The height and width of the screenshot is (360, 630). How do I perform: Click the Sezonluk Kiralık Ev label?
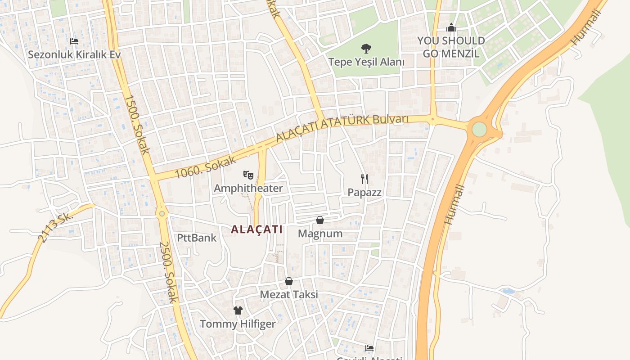(x=74, y=55)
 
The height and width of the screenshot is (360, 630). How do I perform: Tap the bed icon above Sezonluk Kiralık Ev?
(x=74, y=41)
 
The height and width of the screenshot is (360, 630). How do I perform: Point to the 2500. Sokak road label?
(x=169, y=272)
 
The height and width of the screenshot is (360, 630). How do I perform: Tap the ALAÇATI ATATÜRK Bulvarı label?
(x=342, y=128)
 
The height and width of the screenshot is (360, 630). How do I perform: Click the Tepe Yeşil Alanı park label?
(x=366, y=62)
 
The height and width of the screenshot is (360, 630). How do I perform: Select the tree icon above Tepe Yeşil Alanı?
(x=365, y=48)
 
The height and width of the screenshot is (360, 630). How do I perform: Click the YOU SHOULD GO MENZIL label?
(x=451, y=47)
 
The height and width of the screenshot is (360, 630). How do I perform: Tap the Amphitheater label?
(x=248, y=188)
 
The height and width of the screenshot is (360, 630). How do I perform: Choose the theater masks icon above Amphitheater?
(x=248, y=175)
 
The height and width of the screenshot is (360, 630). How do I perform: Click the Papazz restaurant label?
(x=364, y=193)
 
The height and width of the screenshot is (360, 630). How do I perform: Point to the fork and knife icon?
(x=364, y=179)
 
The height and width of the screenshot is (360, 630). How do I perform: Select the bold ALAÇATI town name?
(x=256, y=229)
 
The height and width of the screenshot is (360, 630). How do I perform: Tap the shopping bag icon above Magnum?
(x=320, y=220)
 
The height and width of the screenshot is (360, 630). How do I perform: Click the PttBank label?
(x=197, y=238)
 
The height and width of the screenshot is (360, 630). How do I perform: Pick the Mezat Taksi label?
(x=289, y=295)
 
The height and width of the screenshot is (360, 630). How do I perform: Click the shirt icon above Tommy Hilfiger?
(x=238, y=310)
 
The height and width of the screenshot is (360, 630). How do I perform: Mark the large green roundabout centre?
(x=479, y=129)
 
